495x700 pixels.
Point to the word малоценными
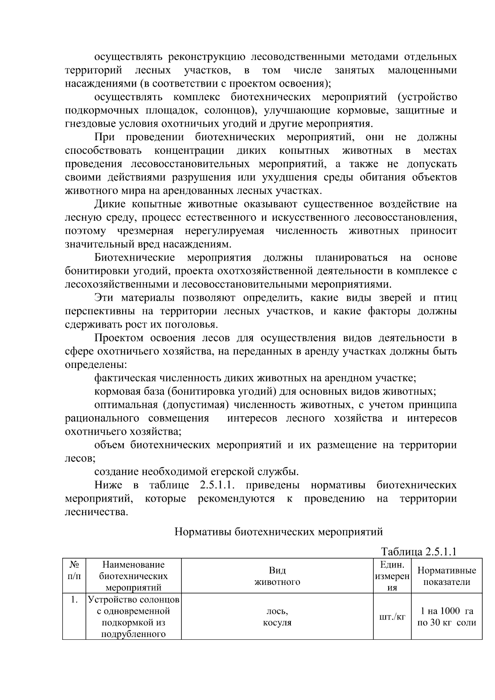pos(422,70)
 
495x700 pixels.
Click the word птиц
pos(445,298)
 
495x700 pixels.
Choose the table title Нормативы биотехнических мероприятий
pos(279,532)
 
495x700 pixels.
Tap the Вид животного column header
pos(277,576)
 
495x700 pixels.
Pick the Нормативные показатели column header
pos(446,576)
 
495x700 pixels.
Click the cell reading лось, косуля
pos(277,617)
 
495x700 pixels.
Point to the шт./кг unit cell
pos(392,617)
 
